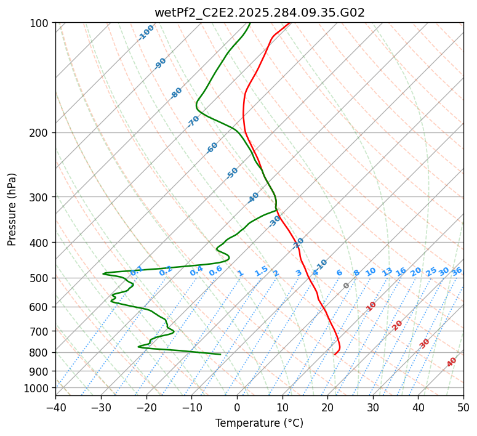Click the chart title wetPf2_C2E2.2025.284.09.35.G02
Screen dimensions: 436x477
pyautogui.click(x=259, y=12)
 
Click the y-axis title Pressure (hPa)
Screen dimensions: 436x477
pyautogui.click(x=12, y=209)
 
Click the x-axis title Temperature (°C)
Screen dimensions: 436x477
pyautogui.click(x=259, y=423)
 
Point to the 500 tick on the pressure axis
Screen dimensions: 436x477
pyautogui.click(x=41, y=278)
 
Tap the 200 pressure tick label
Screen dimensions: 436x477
pyautogui.click(x=41, y=132)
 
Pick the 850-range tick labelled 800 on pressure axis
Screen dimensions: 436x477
pyautogui.click(x=41, y=352)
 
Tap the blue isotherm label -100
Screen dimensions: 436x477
pyautogui.click(x=146, y=32)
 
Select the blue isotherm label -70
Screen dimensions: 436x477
pyautogui.click(x=194, y=121)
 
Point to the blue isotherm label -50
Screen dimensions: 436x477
pyautogui.click(x=232, y=173)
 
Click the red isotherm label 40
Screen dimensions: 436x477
pyautogui.click(x=452, y=362)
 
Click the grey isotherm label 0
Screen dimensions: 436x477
pyautogui.click(x=347, y=286)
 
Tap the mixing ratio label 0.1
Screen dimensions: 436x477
pyautogui.click(x=137, y=270)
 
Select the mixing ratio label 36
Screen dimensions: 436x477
pyautogui.click(x=457, y=271)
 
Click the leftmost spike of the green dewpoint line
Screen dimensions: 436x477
pyautogui.click(x=103, y=273)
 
